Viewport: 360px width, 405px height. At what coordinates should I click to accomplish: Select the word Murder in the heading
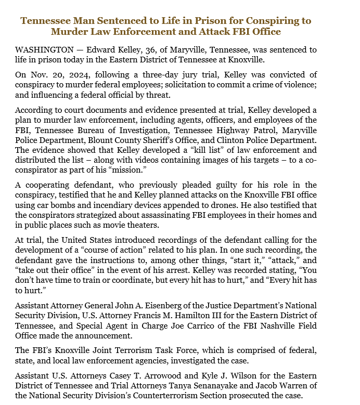tap(69, 32)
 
